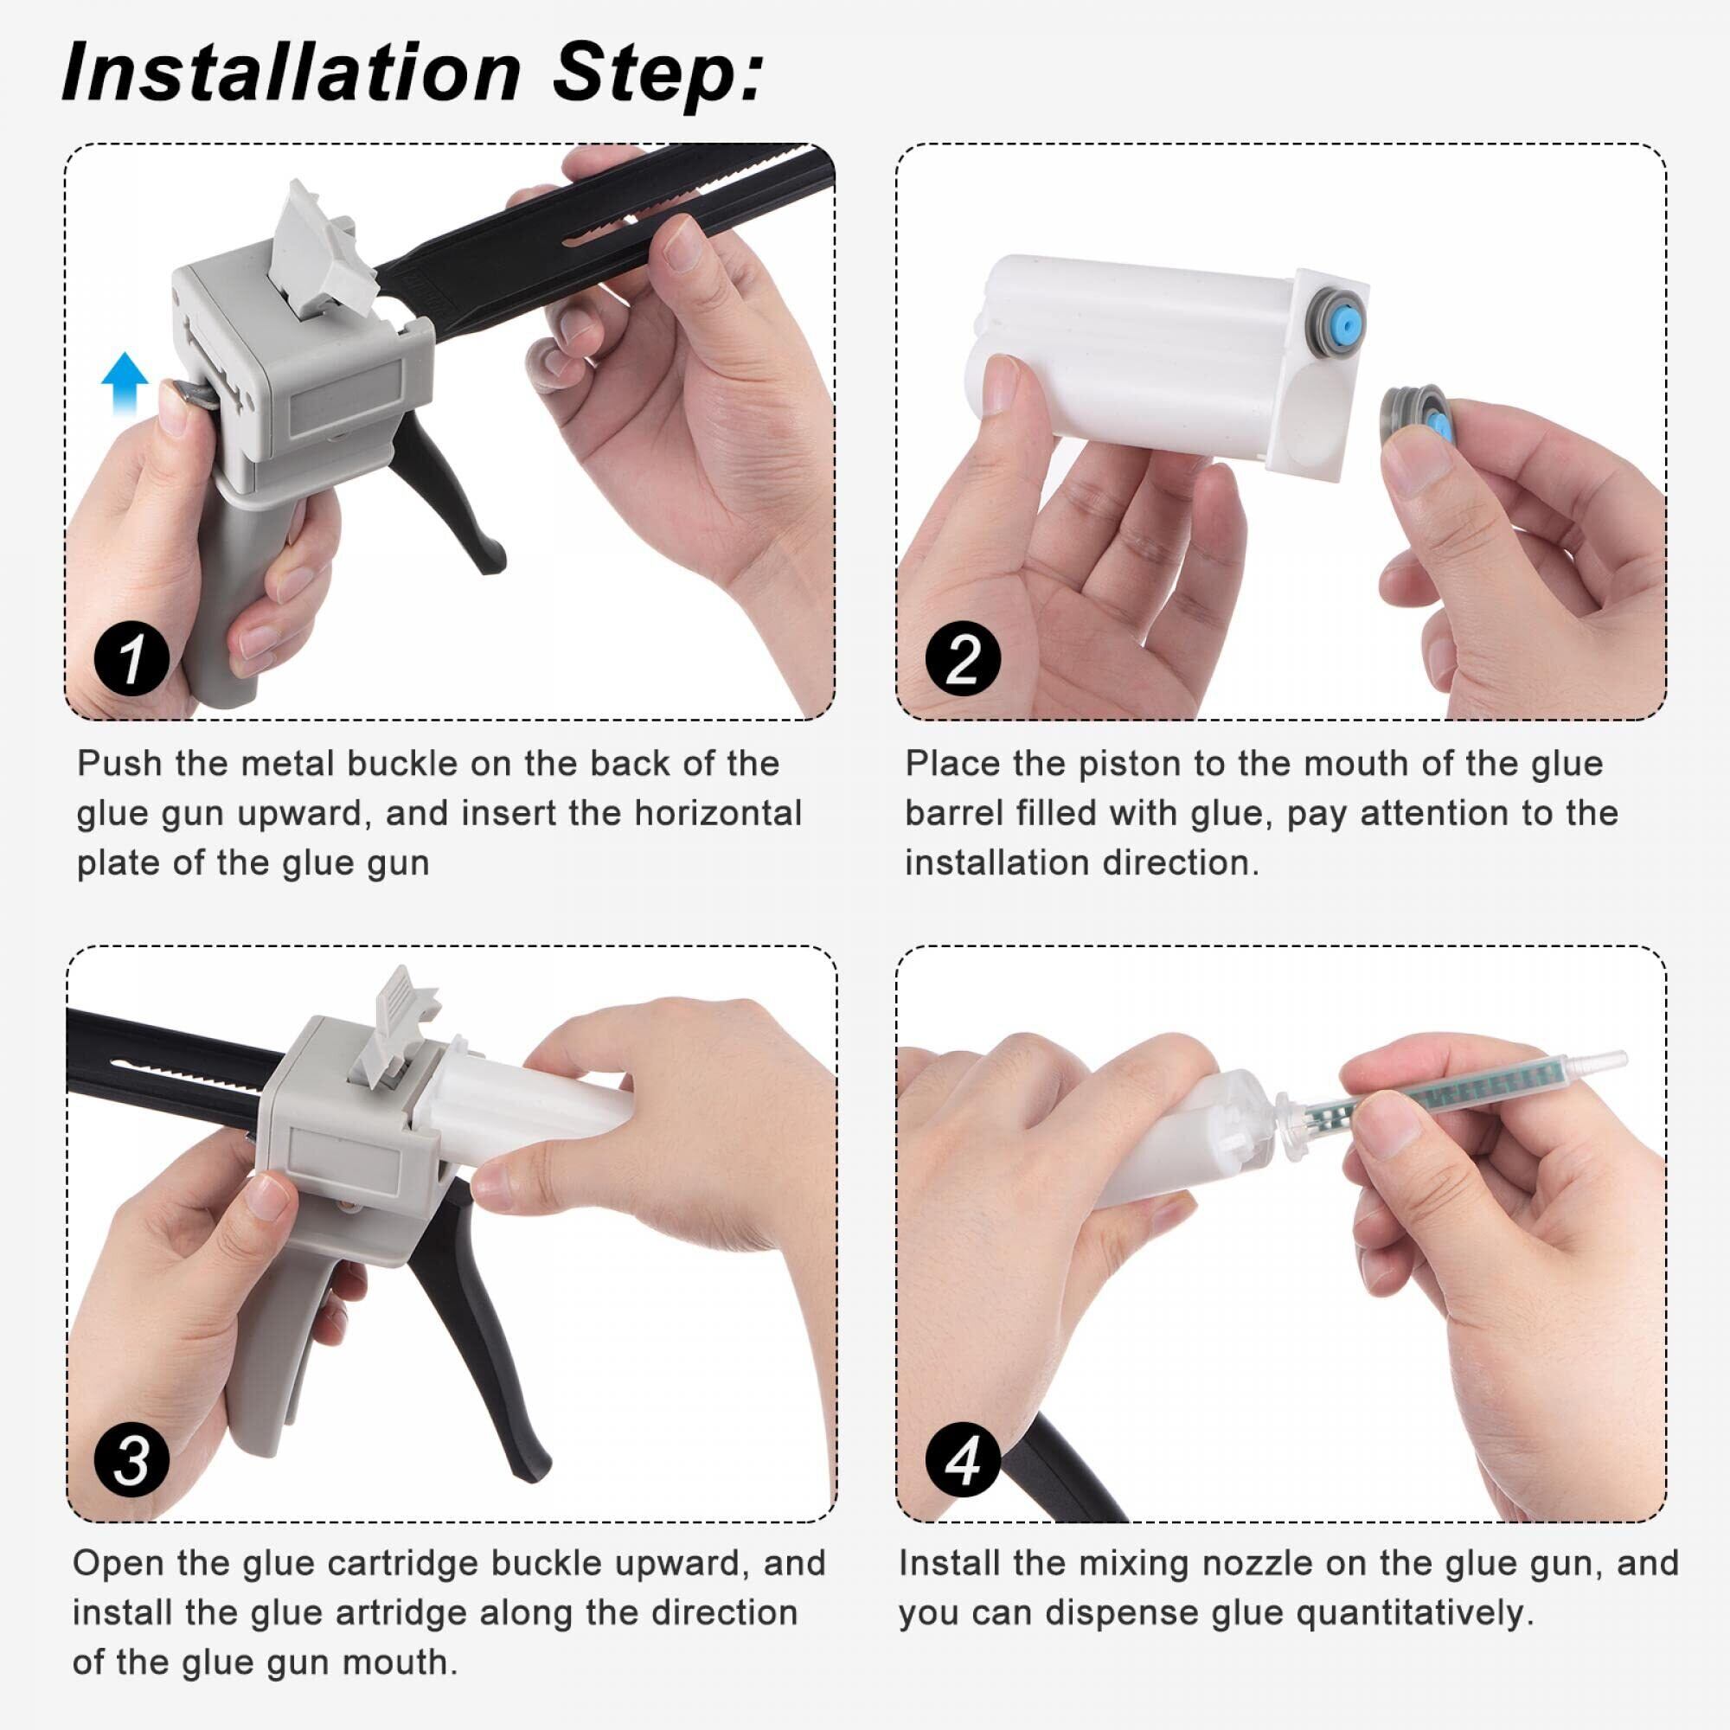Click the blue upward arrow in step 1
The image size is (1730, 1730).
(125, 383)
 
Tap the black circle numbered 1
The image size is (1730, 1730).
(131, 661)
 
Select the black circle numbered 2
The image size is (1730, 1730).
(964, 661)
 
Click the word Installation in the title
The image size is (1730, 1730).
(291, 72)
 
